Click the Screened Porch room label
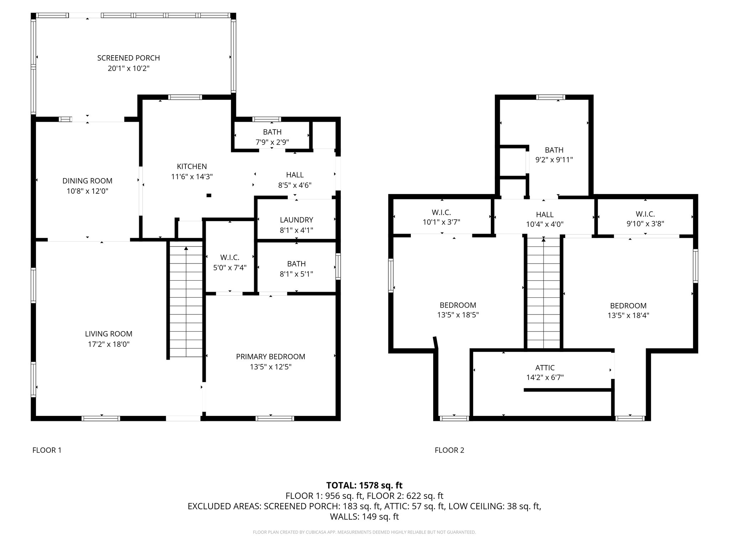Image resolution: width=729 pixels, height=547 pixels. (x=129, y=58)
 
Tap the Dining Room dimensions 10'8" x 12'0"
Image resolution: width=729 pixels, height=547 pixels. (x=87, y=191)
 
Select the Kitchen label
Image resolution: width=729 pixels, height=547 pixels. (x=192, y=166)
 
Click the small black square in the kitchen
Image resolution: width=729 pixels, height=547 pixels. (x=209, y=195)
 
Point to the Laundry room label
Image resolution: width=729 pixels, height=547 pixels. (x=297, y=220)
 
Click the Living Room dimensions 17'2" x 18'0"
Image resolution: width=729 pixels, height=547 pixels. (x=109, y=344)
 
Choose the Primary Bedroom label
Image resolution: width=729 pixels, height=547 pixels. (x=271, y=356)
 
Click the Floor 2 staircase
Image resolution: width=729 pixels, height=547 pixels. (x=544, y=293)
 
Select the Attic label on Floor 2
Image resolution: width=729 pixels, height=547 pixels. (x=545, y=368)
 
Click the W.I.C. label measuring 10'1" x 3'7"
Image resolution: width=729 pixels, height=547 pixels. (x=441, y=213)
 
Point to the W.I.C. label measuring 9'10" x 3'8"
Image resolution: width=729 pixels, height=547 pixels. (x=645, y=214)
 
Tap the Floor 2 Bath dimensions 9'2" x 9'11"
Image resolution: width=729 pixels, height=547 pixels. (x=554, y=160)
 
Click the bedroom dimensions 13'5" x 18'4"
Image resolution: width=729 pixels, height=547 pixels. (x=628, y=315)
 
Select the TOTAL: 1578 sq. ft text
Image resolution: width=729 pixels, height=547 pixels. (x=364, y=485)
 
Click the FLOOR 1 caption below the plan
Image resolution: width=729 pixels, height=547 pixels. (x=47, y=450)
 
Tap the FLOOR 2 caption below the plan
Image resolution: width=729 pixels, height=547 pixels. (x=450, y=450)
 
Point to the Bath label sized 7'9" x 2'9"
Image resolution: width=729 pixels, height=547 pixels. (x=272, y=132)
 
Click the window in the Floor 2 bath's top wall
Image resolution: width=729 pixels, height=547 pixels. (x=551, y=97)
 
